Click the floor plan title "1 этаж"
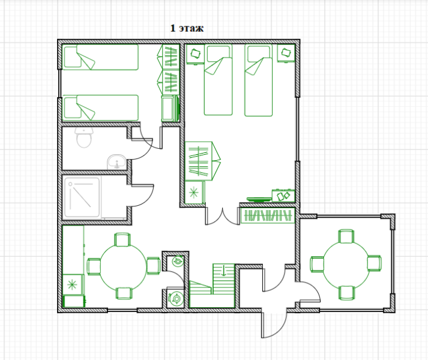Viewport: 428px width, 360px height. (x=187, y=28)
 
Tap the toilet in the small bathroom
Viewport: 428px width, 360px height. (x=85, y=137)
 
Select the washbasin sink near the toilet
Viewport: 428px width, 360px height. (x=116, y=162)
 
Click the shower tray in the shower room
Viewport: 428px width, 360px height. (x=82, y=197)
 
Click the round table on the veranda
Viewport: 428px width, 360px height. (x=346, y=264)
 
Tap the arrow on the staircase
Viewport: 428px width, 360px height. (x=223, y=270)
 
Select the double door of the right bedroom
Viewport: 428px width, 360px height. (x=223, y=216)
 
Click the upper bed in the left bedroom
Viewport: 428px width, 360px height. (x=101, y=57)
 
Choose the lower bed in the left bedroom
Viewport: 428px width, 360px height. (x=101, y=107)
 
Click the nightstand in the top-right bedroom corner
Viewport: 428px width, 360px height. (x=286, y=53)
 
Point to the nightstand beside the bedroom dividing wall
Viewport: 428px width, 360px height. (x=195, y=55)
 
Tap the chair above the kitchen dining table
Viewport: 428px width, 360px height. (x=122, y=239)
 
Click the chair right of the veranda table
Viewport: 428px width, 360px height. (x=374, y=263)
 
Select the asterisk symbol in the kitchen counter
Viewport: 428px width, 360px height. (x=72, y=284)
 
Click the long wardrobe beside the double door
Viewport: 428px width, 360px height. (x=268, y=215)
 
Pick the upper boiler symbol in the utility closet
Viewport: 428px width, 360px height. (x=177, y=262)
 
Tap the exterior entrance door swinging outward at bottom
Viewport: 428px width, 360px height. (x=274, y=324)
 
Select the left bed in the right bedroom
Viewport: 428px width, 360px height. (x=218, y=80)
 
